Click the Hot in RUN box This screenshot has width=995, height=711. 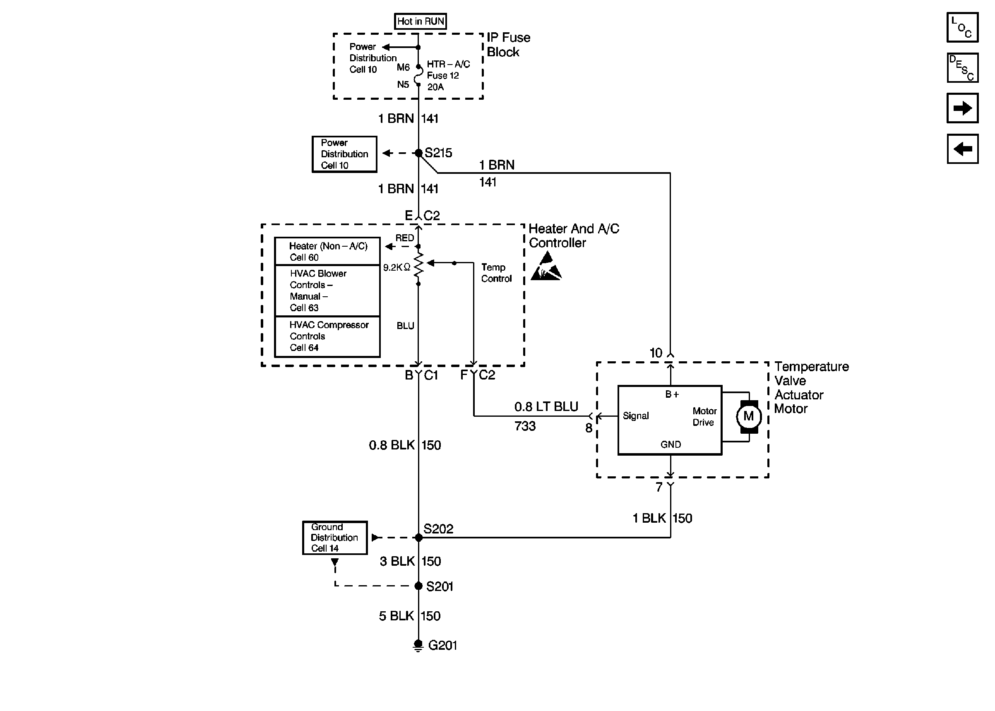[x=420, y=21]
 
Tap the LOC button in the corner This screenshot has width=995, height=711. [x=962, y=27]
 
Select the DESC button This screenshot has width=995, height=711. [x=962, y=68]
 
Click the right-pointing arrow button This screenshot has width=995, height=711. [x=962, y=108]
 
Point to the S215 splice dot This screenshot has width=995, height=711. [x=418, y=153]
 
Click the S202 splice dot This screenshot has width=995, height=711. [x=418, y=538]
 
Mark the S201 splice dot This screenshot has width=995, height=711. [x=418, y=586]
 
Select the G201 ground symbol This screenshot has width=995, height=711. [x=418, y=646]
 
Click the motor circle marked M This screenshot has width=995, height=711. [x=749, y=416]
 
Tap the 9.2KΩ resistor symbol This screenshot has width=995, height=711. [x=419, y=264]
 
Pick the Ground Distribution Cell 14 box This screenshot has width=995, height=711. [x=335, y=538]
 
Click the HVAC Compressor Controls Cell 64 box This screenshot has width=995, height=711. [x=327, y=336]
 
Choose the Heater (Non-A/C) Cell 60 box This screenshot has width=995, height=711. [x=327, y=251]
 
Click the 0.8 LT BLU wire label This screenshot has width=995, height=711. [x=546, y=407]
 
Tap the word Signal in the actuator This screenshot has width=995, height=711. [x=636, y=416]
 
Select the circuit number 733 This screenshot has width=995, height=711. [x=525, y=426]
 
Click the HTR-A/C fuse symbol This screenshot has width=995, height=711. [x=419, y=75]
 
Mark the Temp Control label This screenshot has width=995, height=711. [x=496, y=273]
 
